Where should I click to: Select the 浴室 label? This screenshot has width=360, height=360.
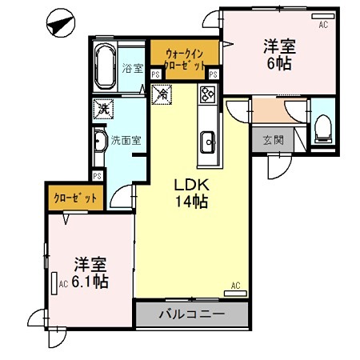[133, 69]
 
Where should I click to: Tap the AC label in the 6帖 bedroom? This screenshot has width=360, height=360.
[323, 25]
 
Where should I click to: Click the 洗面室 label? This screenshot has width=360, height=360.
[126, 140]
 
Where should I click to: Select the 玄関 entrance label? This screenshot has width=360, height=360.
[272, 141]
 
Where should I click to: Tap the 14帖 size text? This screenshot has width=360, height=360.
[193, 202]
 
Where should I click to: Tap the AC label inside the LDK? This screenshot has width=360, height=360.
[236, 285]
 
